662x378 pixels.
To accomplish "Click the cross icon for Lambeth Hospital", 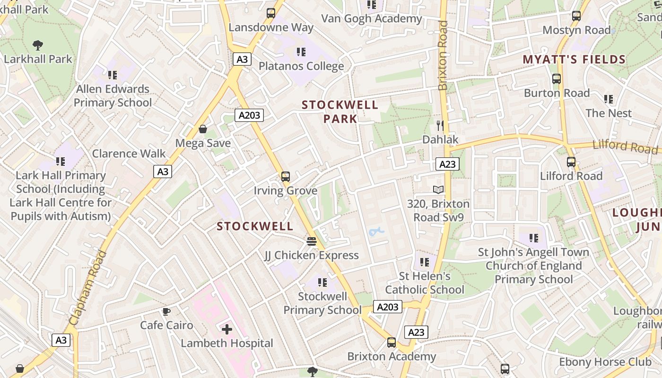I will [227, 329].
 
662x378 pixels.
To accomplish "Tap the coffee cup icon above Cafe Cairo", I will [166, 311].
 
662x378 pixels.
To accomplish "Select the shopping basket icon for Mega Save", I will [203, 129].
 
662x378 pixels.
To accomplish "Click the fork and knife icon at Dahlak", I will [440, 125].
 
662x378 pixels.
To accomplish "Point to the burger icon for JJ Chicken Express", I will [311, 241].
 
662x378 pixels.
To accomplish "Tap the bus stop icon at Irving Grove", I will [286, 177].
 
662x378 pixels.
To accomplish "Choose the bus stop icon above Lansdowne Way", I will [271, 13].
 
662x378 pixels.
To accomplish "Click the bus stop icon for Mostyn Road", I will [576, 16].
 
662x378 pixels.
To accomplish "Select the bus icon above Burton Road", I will [557, 79].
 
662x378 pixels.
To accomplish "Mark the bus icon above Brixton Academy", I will [392, 343].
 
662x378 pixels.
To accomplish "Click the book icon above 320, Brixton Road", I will [438, 189].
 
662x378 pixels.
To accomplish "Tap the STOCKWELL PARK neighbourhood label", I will [340, 112].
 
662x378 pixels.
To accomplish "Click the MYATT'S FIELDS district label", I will [574, 60].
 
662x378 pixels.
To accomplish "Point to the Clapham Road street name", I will [88, 288].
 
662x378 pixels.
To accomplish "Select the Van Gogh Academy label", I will [372, 18].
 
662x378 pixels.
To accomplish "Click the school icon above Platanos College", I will [301, 52].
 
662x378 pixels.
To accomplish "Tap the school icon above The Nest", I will [609, 99].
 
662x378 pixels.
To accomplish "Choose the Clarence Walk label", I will [129, 154].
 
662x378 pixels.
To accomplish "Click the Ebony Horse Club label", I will [605, 362].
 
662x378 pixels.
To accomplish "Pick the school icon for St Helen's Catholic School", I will [425, 262].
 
